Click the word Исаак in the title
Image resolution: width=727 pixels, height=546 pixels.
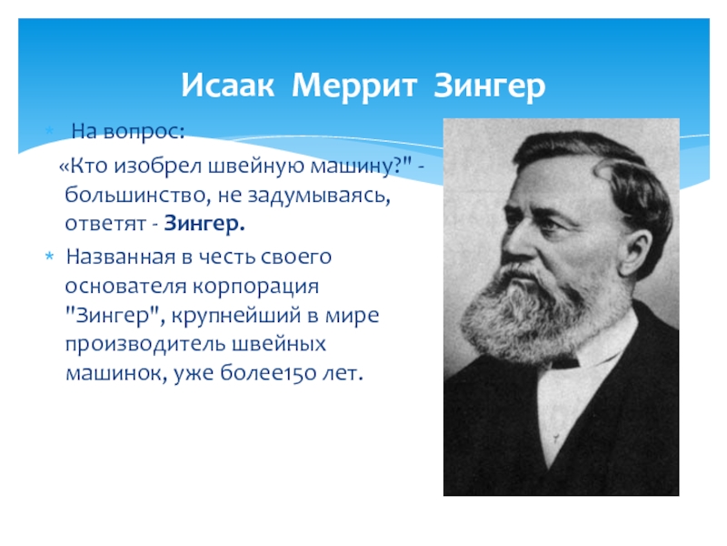[x=227, y=85]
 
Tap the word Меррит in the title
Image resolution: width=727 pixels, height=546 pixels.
[x=354, y=85]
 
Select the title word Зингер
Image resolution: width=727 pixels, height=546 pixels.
[x=489, y=85]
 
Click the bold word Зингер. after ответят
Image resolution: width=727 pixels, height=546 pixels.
[x=204, y=224]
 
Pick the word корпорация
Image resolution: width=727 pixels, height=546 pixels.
[x=255, y=287]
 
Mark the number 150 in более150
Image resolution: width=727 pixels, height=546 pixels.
[x=301, y=373]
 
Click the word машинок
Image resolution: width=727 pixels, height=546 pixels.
[x=116, y=374]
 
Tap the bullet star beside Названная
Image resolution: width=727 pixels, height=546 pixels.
[x=50, y=257]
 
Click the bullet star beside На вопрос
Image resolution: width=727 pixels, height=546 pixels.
[x=50, y=130]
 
